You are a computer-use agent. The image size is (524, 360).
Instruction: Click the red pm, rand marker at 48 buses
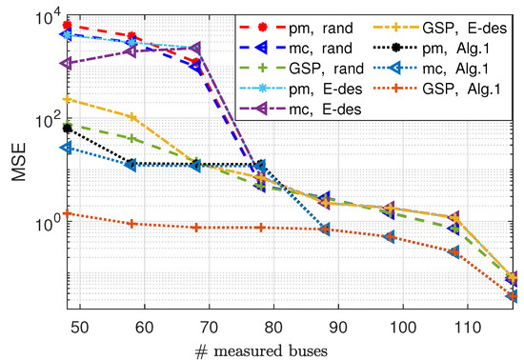67,26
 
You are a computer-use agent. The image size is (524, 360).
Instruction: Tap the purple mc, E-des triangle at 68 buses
195,48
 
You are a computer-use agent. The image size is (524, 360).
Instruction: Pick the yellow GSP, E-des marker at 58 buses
131,117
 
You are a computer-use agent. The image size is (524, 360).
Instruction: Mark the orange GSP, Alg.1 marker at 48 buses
67,213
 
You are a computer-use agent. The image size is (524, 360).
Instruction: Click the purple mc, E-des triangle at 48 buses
67,63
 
